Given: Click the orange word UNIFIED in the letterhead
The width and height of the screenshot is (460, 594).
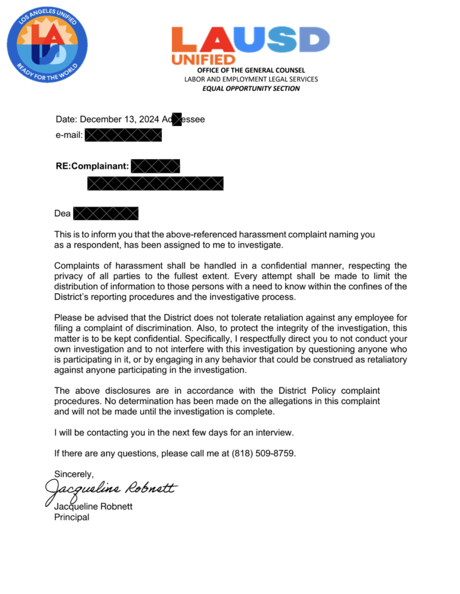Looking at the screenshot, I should tap(203, 60).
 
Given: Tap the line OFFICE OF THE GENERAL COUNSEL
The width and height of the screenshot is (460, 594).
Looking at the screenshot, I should tap(251, 70).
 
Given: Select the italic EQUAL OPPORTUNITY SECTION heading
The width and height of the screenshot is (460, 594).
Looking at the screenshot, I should tap(251, 89).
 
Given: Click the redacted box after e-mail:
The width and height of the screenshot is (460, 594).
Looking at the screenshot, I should tap(123, 136).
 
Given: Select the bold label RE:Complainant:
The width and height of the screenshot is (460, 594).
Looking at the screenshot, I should tap(92, 166).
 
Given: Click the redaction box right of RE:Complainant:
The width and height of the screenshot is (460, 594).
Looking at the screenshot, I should tap(155, 166).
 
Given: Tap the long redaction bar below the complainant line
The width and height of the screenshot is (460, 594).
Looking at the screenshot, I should tap(155, 184).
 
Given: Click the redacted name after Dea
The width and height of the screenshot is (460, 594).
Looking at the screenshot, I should tap(106, 213).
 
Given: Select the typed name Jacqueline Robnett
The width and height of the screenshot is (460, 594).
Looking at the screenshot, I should tap(93, 506).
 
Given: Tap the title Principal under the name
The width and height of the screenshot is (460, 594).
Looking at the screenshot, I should tap(71, 517).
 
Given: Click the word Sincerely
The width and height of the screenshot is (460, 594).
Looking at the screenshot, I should tap(74, 474).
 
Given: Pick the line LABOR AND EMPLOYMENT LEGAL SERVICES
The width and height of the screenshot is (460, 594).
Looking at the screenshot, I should tap(251, 79).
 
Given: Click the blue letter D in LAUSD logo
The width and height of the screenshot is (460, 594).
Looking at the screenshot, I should tap(311, 40).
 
